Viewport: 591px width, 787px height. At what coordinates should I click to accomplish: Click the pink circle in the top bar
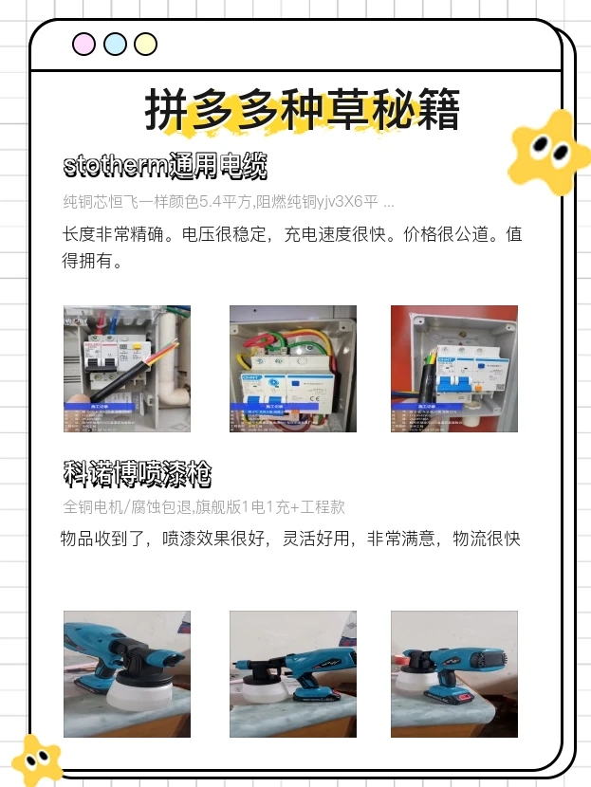pos(84,45)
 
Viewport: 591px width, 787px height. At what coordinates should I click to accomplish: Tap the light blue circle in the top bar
pos(115,45)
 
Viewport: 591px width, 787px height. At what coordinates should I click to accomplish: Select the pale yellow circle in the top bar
pos(145,45)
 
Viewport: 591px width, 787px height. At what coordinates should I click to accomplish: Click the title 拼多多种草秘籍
pos(303,110)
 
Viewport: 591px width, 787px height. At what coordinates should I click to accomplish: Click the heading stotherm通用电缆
pos(164,167)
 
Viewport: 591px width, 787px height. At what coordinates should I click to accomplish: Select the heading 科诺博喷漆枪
pos(137,471)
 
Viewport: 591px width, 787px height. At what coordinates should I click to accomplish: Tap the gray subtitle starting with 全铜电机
pos(203,506)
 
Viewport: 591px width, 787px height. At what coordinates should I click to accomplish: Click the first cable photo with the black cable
pos(127,368)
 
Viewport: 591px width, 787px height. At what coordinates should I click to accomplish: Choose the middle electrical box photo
pos(293,368)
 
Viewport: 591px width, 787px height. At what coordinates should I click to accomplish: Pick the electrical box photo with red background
pos(454,368)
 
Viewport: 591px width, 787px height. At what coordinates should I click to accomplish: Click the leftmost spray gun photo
pos(127,674)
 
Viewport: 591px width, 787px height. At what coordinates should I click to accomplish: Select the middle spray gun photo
pos(293,674)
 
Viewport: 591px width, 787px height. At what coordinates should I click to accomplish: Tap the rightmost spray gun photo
pos(454,674)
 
